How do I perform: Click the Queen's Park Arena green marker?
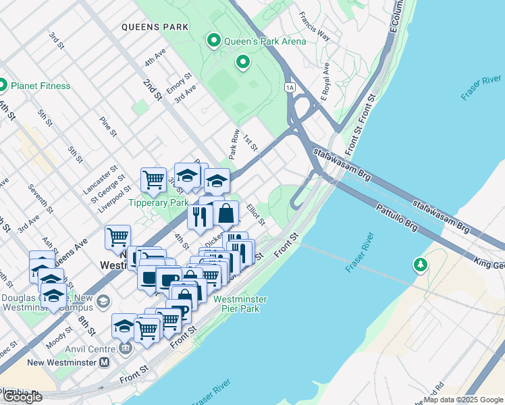pos(215,41)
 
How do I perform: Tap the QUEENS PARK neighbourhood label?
pos(155,28)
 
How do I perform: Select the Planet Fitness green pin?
pos(2,86)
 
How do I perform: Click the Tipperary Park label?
pos(159,202)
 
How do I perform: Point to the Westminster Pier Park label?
pos(240,304)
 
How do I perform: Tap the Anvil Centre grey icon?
pos(125,348)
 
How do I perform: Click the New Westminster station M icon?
pos(104,362)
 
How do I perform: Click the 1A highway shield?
pos(290,87)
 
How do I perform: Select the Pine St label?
pos(108,126)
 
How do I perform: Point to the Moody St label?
pos(65,337)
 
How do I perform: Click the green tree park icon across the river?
pos(421,265)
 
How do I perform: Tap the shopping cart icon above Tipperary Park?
pos(154,180)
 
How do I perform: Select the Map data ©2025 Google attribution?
pos(463,400)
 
